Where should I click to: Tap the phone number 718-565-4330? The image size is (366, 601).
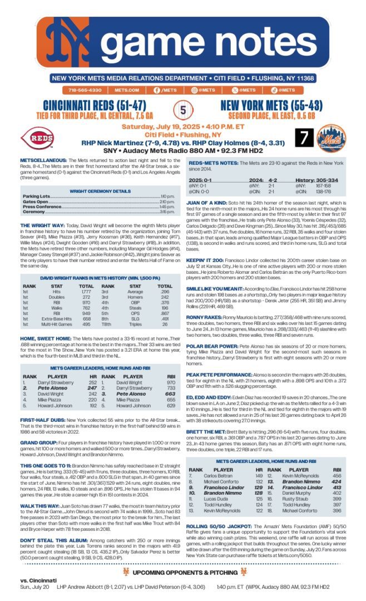pyautogui.click(x=85, y=90)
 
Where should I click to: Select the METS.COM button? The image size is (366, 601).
pyautogui.click(x=127, y=90)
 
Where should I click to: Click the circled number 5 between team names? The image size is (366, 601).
pyautogui.click(x=183, y=110)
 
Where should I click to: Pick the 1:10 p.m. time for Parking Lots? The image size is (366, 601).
pyautogui.click(x=167, y=197)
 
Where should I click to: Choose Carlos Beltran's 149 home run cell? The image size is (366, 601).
pyautogui.click(x=259, y=476)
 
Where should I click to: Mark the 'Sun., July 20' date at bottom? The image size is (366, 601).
pyautogui.click(x=34, y=587)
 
